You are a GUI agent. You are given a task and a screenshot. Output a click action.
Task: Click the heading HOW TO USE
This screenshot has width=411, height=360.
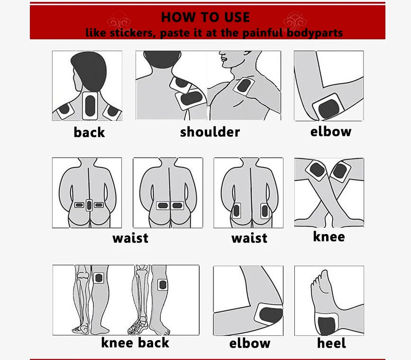pyautogui.click(x=205, y=18)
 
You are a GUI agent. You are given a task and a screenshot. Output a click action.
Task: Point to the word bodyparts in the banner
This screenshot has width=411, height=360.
pyautogui.click(x=315, y=33)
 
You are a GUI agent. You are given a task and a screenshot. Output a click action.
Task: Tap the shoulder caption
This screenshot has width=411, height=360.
pyautogui.click(x=210, y=132)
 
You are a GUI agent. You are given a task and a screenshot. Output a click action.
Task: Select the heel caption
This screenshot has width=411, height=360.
pyautogui.click(x=331, y=343)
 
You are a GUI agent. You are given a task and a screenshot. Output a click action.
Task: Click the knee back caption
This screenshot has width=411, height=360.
pyautogui.click(x=135, y=342)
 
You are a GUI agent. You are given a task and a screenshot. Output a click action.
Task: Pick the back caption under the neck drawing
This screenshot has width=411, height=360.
pyautogui.click(x=89, y=132)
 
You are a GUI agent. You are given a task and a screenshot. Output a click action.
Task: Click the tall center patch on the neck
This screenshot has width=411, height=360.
pyautogui.click(x=90, y=106)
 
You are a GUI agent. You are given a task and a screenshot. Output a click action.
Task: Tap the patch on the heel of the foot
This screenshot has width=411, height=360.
pyautogui.click(x=326, y=324)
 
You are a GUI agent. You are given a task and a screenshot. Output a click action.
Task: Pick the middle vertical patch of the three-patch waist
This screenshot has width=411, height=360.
pyautogui.click(x=89, y=205)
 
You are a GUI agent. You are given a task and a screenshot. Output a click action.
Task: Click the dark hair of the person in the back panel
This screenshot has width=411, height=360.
pyautogui.click(x=89, y=71)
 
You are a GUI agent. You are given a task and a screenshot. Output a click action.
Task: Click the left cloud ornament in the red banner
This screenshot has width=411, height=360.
pyautogui.click(x=119, y=21)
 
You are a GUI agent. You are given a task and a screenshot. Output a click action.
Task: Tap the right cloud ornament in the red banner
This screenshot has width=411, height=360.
pyautogui.click(x=295, y=21)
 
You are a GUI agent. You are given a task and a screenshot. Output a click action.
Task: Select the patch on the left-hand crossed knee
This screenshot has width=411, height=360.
pyautogui.click(x=317, y=171)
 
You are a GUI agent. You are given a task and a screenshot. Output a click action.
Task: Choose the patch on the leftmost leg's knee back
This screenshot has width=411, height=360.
pyautogui.click(x=99, y=278)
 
